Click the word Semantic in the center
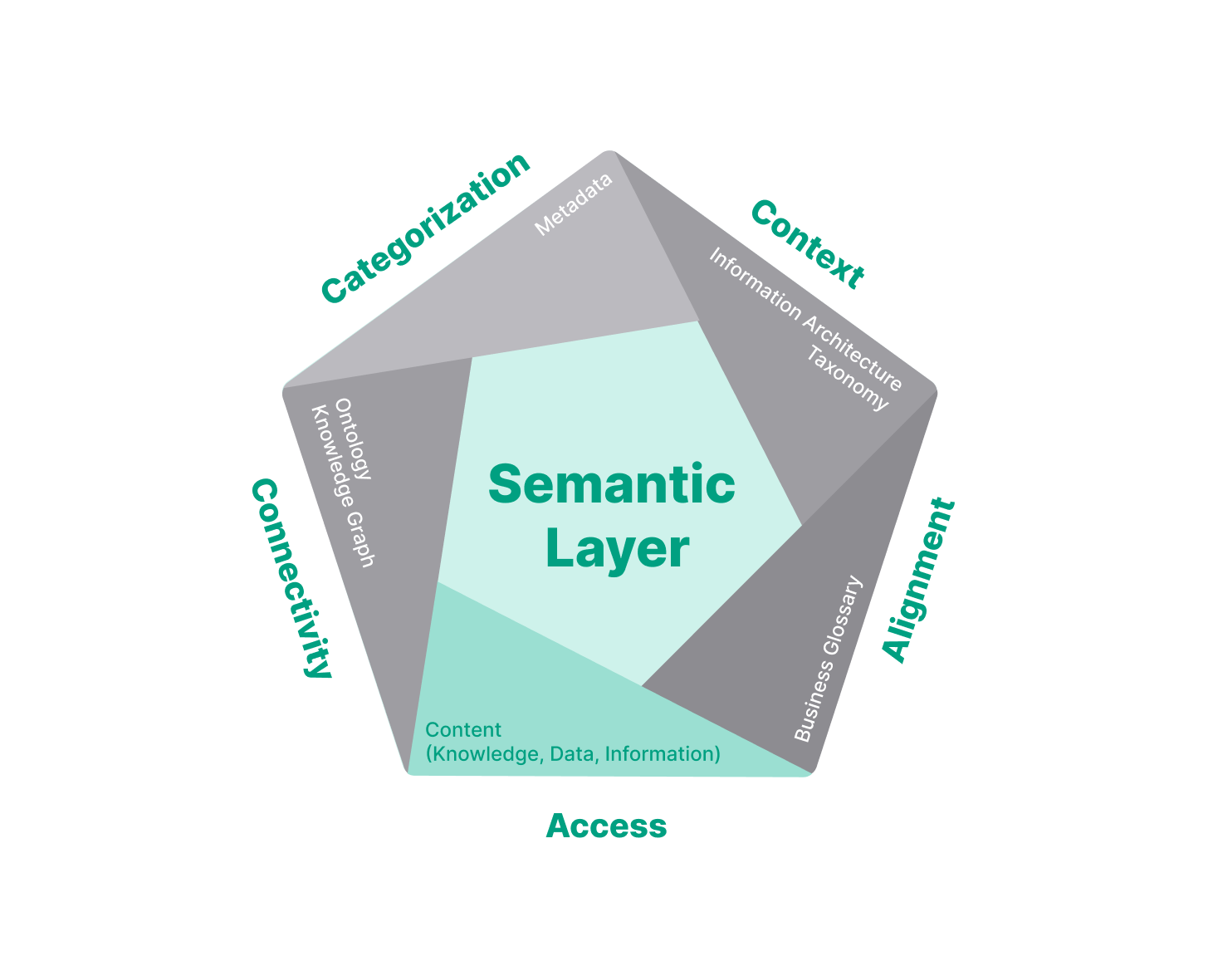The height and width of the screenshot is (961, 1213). (611, 484)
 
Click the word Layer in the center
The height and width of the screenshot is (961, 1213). (617, 549)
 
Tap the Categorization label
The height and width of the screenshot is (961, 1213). (425, 228)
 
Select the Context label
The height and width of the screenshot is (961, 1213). (807, 245)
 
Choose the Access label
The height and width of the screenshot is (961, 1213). (606, 826)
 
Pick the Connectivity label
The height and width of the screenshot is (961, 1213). (291, 578)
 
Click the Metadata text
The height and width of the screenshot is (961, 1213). (574, 204)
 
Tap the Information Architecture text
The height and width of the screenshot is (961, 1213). (805, 319)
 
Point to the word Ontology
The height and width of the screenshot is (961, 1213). (354, 439)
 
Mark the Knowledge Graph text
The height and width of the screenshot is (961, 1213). (342, 486)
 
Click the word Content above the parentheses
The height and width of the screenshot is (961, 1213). (463, 730)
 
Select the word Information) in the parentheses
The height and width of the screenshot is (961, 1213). (663, 754)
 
